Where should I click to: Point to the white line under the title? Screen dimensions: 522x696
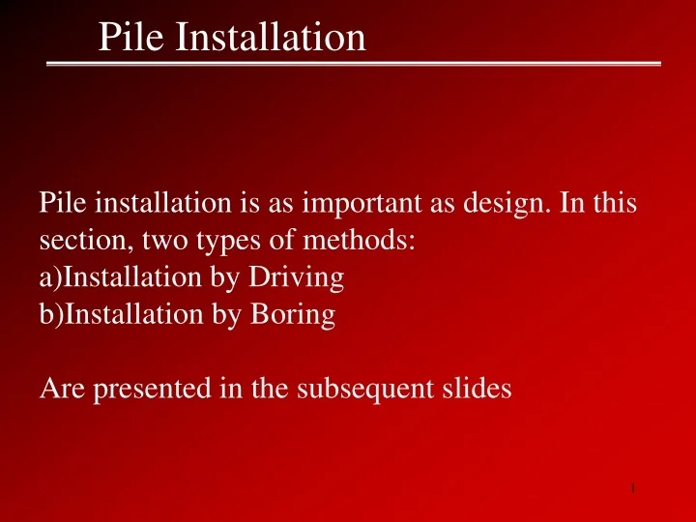[354, 64]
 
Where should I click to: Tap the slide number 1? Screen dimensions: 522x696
[631, 490]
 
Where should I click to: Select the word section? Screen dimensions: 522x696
[72, 241]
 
